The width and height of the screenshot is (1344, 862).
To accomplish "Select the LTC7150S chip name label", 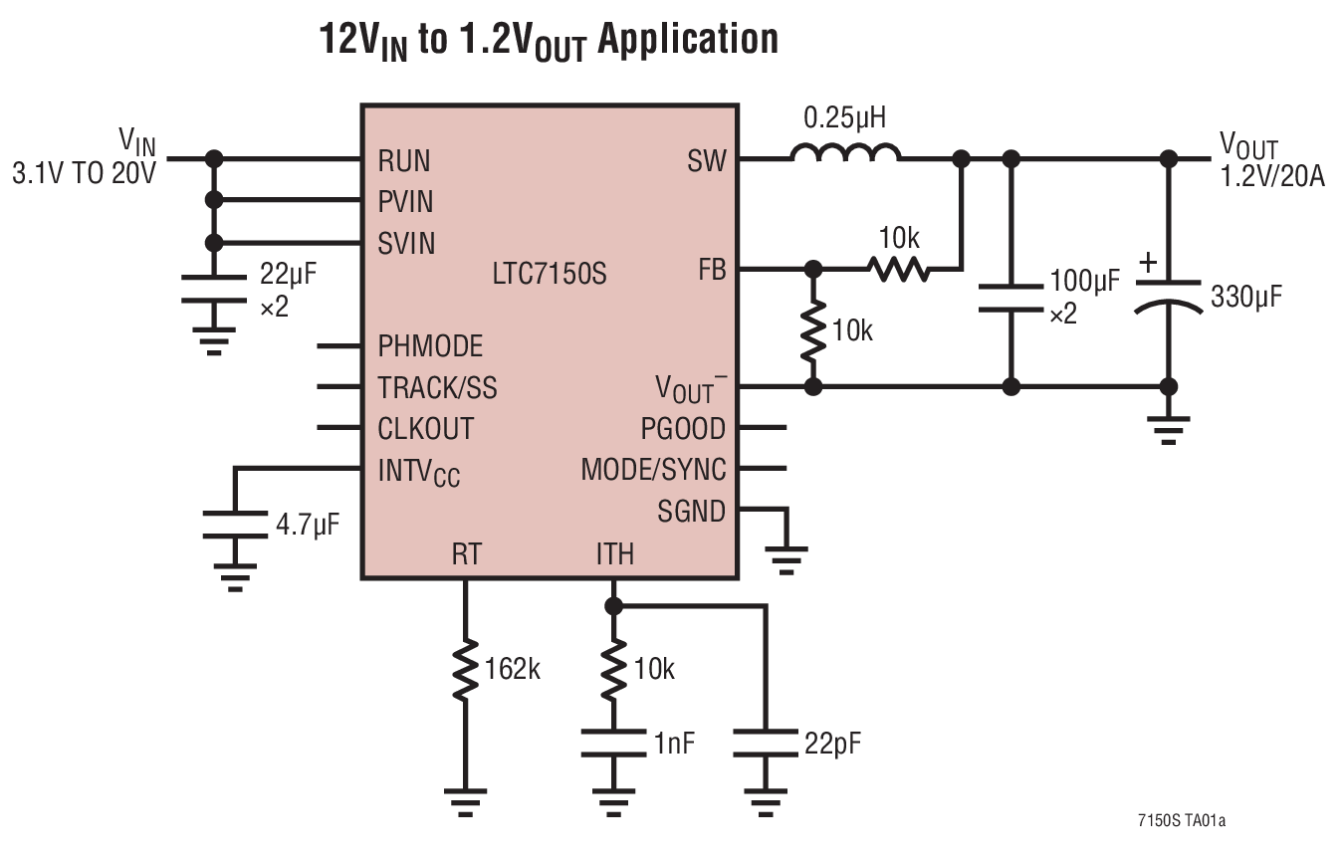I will tap(549, 274).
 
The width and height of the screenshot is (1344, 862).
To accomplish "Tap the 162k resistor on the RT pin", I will tap(465, 670).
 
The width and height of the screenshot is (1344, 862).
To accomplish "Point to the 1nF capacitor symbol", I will tap(613, 744).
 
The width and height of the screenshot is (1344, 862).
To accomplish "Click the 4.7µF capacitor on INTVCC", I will tap(235, 526).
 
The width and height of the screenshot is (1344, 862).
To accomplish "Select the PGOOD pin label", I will tap(683, 429).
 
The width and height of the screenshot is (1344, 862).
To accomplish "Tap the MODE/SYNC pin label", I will tap(653, 470).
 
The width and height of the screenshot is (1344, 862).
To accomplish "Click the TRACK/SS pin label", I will tap(437, 387).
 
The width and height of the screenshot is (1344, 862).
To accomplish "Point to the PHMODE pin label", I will tap(430, 346).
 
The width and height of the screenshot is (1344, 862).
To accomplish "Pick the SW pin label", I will tap(706, 161).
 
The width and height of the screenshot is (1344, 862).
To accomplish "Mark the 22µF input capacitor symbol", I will tap(212, 290).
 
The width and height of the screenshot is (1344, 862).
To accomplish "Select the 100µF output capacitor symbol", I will tap(1010, 297).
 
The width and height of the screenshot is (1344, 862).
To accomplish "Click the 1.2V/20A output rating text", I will tap(1271, 180).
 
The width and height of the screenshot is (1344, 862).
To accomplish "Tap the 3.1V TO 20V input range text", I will tap(84, 174).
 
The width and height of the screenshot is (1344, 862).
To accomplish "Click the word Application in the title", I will tap(686, 39).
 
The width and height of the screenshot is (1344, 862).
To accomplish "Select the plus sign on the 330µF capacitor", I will tap(1148, 263).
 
